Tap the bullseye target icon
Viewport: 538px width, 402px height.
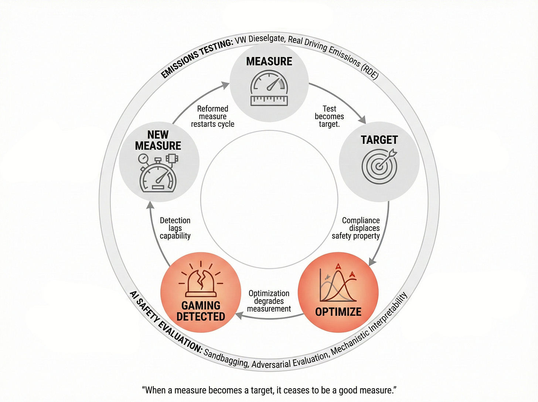point(379,166)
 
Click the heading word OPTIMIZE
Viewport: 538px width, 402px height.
point(338,312)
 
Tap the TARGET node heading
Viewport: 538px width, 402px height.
point(379,140)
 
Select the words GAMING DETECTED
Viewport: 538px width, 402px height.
point(201,311)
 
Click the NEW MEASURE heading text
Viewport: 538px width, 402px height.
point(158,140)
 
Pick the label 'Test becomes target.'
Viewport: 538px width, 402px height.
point(329,116)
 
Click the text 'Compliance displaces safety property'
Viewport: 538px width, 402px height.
point(357,228)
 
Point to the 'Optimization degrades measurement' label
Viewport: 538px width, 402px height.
point(269,301)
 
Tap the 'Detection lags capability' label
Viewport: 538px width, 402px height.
point(175,228)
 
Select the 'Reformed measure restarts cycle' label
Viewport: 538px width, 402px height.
point(212,116)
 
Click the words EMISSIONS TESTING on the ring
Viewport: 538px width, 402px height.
point(196,58)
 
